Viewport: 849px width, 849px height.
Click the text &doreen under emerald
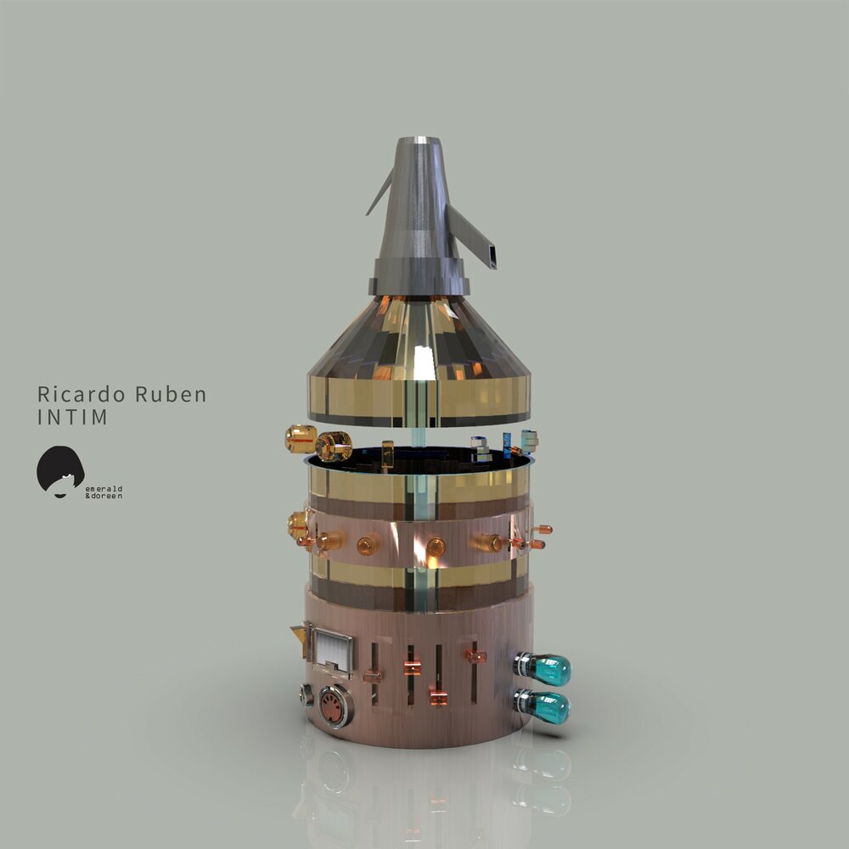click(x=104, y=495)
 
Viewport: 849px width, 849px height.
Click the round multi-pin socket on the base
click(x=335, y=705)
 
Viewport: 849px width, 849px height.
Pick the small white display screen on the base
click(x=331, y=650)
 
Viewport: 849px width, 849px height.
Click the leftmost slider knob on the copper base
click(x=372, y=676)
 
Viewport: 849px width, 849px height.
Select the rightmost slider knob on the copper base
click(x=475, y=655)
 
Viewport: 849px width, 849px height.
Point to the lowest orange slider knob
click(x=438, y=697)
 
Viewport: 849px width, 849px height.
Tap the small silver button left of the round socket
click(x=306, y=694)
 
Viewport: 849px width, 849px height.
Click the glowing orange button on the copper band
click(x=435, y=547)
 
